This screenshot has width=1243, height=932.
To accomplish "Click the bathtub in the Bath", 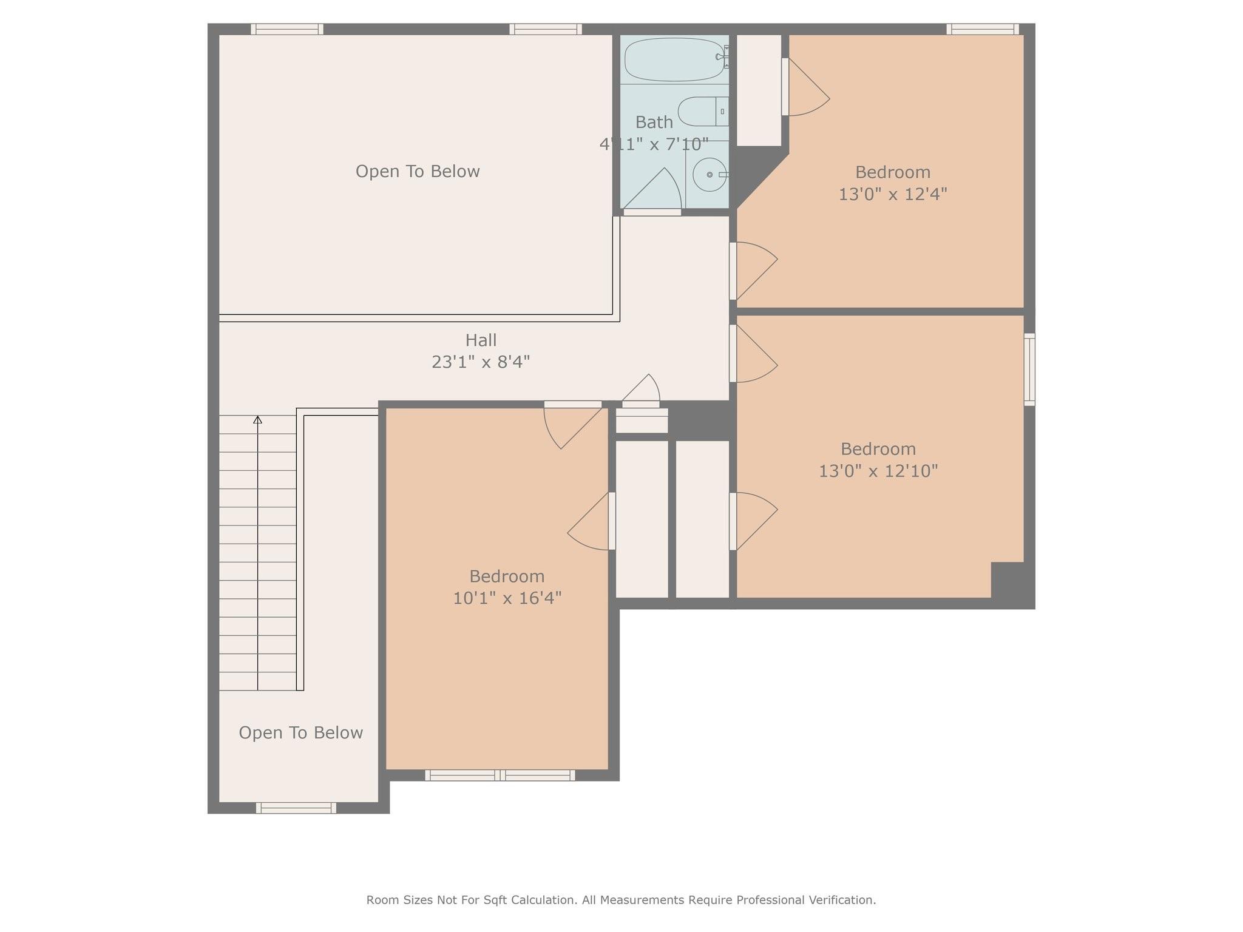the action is tap(674, 59).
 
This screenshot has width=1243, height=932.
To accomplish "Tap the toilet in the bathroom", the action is tap(703, 111).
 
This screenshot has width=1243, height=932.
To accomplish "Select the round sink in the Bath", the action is tap(710, 175).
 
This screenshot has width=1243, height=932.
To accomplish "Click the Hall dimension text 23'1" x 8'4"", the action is tap(481, 362).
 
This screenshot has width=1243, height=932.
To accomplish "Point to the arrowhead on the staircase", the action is tap(257, 419).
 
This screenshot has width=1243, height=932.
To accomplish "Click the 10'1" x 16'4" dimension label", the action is tap(507, 598).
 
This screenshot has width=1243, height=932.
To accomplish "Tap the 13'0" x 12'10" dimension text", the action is tap(878, 471).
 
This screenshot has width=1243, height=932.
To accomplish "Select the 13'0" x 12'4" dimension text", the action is tap(893, 194).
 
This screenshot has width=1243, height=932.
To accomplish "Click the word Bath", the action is tap(654, 123).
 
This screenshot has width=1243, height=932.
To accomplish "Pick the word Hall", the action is tap(481, 340).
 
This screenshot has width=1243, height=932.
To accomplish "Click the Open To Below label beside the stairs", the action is tap(300, 733).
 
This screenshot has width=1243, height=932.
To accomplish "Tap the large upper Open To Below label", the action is tap(418, 172).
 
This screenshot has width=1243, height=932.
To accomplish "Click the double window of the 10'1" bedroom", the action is tap(500, 775).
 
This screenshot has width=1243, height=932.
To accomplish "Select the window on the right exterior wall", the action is tap(1029, 369).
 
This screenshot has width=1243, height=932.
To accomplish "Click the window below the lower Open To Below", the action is tap(296, 808).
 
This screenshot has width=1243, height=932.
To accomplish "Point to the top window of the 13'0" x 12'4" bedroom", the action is tap(983, 29).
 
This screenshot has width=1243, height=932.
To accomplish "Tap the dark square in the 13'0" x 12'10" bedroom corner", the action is tap(1008, 580).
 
